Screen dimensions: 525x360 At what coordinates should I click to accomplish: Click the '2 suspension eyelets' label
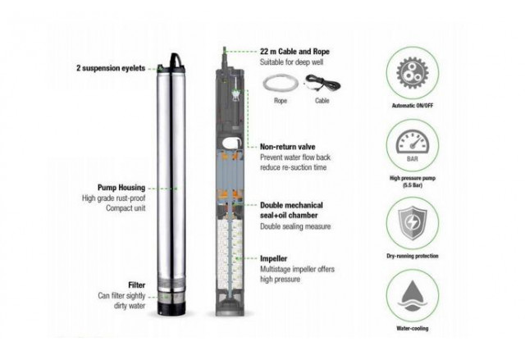[x=111, y=68]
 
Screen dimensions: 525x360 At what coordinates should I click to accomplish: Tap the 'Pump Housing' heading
[x=121, y=187]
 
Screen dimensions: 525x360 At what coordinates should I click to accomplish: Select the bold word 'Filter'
[x=137, y=285]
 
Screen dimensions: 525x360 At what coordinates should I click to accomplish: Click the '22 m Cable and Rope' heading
[x=294, y=52]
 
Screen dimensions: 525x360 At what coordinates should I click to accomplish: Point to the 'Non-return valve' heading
[x=288, y=147]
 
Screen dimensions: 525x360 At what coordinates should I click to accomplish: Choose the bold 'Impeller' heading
[x=273, y=258]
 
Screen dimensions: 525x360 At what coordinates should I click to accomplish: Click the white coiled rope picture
[x=281, y=84]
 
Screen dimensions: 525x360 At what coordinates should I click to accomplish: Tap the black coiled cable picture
[x=322, y=84]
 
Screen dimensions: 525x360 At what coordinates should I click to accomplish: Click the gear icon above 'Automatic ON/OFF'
[x=412, y=73]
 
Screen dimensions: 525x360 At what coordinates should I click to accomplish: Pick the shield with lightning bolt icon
[x=412, y=223]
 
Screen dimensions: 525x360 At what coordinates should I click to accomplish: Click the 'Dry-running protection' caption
[x=412, y=256]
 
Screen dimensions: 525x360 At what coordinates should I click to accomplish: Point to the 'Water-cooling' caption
[x=412, y=328]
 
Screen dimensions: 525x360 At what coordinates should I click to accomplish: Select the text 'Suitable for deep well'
[x=292, y=62]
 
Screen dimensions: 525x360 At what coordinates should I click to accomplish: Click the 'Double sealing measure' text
[x=295, y=226]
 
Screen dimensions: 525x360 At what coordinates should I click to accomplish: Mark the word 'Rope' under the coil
[x=281, y=101]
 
